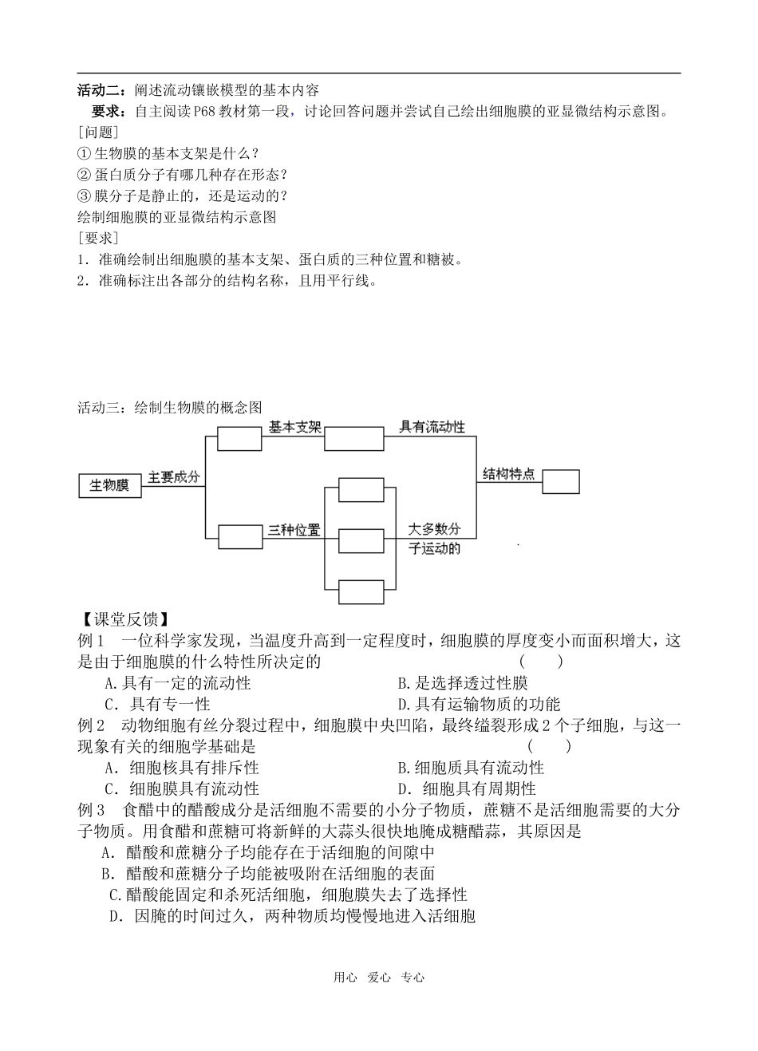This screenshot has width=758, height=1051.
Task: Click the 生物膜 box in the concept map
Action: [x=109, y=485]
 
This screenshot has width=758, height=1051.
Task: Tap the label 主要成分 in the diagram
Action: [x=173, y=477]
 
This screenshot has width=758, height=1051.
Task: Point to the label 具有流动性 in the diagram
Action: [x=432, y=428]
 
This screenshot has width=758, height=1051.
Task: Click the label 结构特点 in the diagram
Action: [x=508, y=474]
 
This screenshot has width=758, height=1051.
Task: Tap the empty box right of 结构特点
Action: [x=560, y=481]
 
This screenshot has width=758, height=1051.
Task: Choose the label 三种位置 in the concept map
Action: [x=294, y=529]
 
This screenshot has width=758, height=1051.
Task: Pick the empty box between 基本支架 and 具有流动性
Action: [x=353, y=440]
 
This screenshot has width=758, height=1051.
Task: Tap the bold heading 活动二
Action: [x=101, y=89]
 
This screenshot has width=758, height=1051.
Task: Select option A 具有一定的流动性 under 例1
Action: [x=178, y=683]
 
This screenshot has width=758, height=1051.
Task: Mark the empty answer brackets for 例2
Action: [x=550, y=746]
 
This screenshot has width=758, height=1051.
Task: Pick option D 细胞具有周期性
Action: [x=466, y=789]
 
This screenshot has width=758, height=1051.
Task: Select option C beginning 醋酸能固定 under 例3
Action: [x=287, y=895]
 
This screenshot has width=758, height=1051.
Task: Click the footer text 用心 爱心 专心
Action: [x=379, y=978]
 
